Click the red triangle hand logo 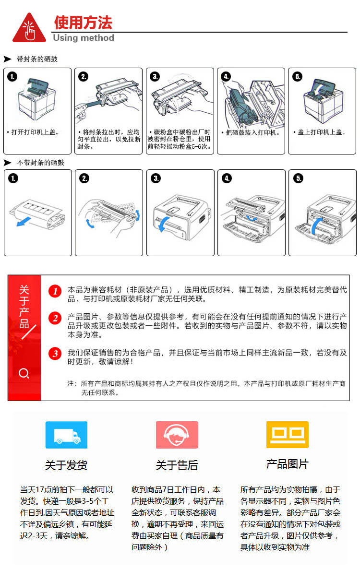[29, 29]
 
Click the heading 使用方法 [83, 23]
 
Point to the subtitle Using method [84, 38]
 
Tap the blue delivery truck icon [66, 435]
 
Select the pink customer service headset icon [177, 435]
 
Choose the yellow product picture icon [288, 434]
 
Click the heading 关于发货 [66, 465]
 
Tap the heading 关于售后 [177, 465]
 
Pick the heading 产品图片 [287, 464]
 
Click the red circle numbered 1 [55, 291]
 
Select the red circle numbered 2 [55, 318]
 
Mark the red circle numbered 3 [55, 354]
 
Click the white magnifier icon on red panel [24, 373]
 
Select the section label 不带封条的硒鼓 [41, 163]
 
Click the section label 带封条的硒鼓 [37, 59]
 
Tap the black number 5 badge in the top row [298, 76]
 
